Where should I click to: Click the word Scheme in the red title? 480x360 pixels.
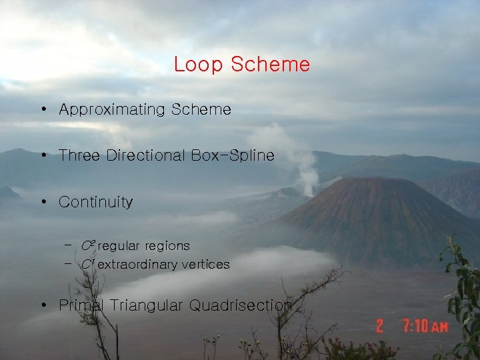coord(270,65)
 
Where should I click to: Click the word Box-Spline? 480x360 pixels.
coord(233,155)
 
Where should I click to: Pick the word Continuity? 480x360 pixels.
coord(95,202)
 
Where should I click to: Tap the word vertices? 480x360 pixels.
coord(206,265)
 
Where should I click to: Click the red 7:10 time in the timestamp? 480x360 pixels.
coord(415,327)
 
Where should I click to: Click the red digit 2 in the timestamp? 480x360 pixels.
coord(379,327)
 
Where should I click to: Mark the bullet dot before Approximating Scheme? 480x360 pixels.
coord(42,109)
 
